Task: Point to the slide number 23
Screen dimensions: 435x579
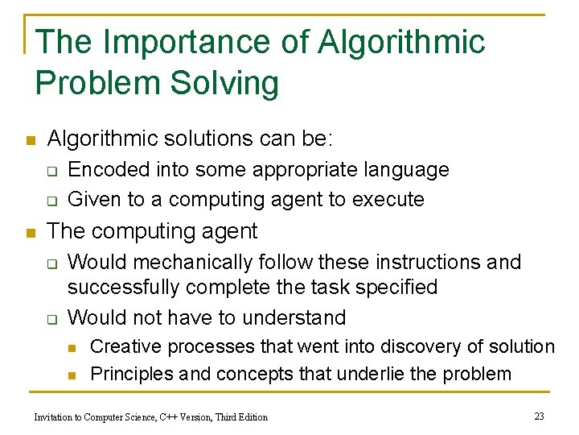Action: point(539,416)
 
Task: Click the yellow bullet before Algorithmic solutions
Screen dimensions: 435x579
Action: point(30,141)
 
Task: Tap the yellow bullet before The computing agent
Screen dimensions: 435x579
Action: point(30,234)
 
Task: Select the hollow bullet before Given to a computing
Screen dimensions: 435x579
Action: point(50,200)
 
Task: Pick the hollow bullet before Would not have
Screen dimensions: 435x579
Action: point(50,318)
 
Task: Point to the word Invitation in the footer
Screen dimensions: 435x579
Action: point(55,416)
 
